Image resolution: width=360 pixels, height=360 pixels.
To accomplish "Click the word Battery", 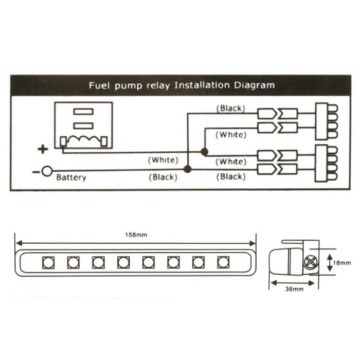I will (71, 178).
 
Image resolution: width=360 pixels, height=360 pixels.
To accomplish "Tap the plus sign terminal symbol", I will (43, 150).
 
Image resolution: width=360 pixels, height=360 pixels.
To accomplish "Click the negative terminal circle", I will (47, 171).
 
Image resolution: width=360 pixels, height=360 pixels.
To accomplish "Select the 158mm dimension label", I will (136, 235).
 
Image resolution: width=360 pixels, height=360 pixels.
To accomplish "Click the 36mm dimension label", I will (294, 289).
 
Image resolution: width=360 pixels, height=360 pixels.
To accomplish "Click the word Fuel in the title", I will (98, 85).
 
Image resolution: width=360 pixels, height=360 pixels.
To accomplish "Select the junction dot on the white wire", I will (204, 152).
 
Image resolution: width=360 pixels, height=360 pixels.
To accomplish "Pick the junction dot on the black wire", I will (188, 169).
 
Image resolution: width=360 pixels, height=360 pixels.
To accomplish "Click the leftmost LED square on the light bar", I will (48, 262).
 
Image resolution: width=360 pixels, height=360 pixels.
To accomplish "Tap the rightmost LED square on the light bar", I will (223, 262).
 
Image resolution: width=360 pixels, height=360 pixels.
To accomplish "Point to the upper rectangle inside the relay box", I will (83, 112).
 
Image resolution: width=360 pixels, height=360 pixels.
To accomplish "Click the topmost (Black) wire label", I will (231, 109).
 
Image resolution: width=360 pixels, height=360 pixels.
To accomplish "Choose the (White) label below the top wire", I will (231, 135).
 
